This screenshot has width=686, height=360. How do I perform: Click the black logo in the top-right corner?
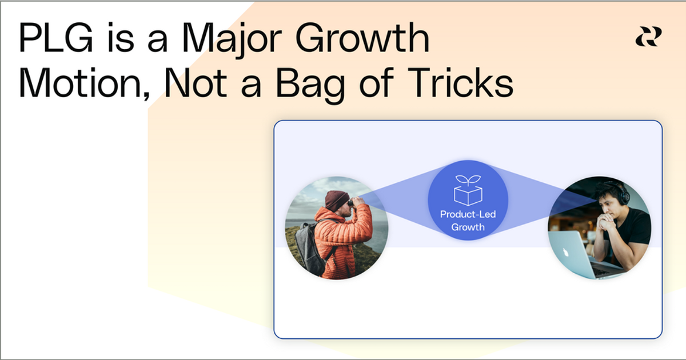pyautogui.click(x=648, y=37)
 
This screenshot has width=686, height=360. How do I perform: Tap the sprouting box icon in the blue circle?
pyautogui.click(x=468, y=190)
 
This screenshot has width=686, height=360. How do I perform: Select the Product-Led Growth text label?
pyautogui.click(x=468, y=221)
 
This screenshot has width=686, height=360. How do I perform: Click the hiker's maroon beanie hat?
pyautogui.click(x=336, y=200)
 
